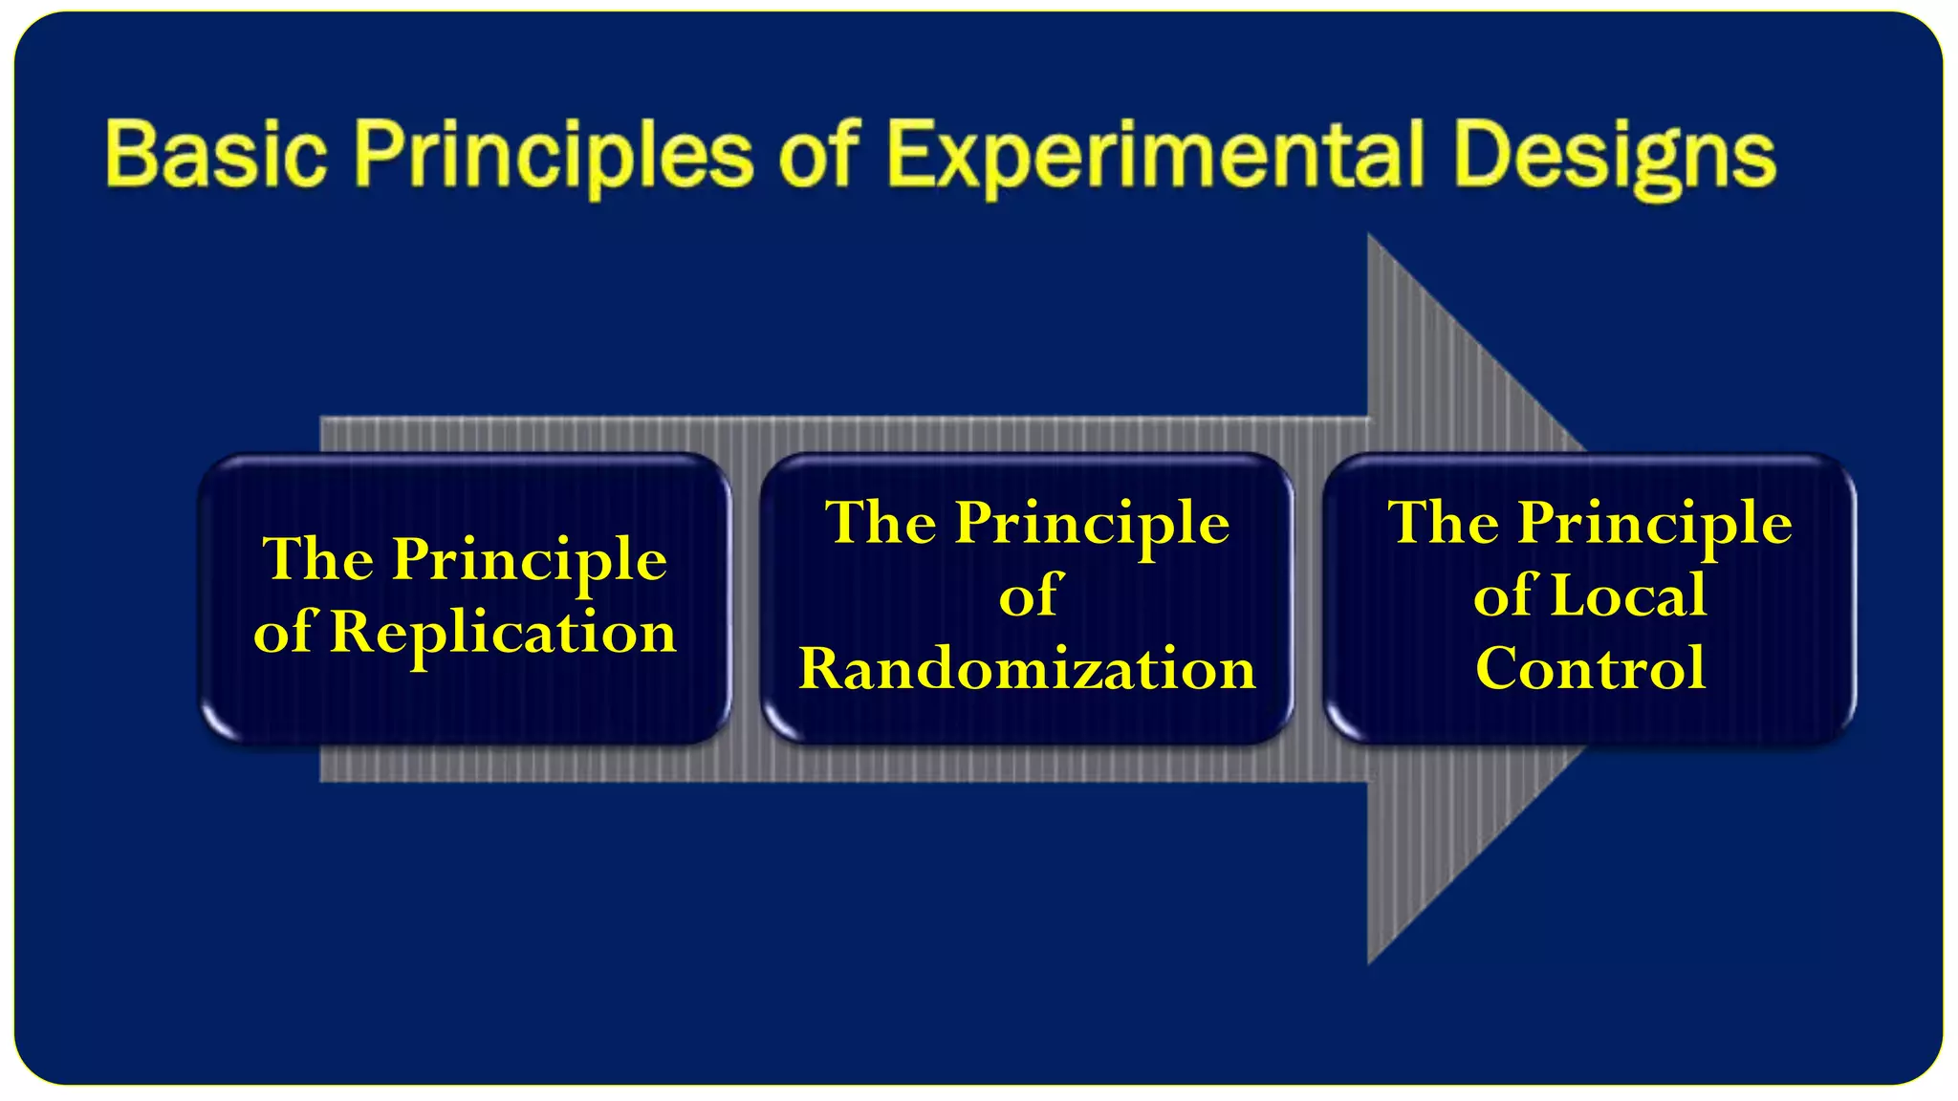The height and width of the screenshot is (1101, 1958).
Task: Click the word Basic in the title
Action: click(x=215, y=155)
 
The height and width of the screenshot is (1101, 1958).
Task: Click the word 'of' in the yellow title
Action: click(x=820, y=155)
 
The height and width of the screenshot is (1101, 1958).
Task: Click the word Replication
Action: click(x=503, y=634)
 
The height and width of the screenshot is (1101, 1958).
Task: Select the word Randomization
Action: click(x=1027, y=668)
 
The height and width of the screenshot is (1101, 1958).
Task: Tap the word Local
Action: click(x=1628, y=595)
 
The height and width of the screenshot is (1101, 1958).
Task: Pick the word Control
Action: click(x=1590, y=668)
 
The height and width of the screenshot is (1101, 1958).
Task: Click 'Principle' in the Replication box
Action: click(x=530, y=561)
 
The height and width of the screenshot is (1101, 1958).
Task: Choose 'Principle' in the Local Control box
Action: click(x=1655, y=525)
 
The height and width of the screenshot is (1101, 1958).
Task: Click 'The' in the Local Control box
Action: click(x=1444, y=523)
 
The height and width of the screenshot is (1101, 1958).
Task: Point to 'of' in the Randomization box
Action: click(x=1031, y=595)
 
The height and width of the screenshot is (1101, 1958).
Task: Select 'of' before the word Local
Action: click(x=1505, y=595)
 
